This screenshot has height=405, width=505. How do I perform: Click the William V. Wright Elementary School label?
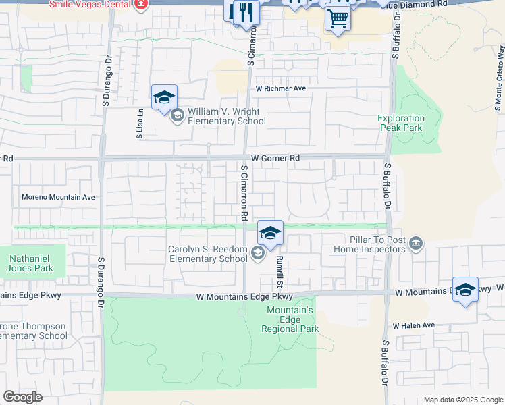pyautogui.click(x=226, y=116)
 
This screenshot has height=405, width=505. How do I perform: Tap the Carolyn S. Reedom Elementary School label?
pyautogui.click(x=207, y=254)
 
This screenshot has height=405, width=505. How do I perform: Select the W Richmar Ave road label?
pyautogui.click(x=280, y=88)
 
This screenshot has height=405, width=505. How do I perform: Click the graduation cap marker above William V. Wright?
pyautogui.click(x=164, y=98)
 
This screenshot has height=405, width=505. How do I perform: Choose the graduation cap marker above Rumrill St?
pyautogui.click(x=270, y=233)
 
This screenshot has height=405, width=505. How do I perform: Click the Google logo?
pyautogui.click(x=22, y=397)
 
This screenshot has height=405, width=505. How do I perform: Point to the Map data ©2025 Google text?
pyautogui.click(x=462, y=400)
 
